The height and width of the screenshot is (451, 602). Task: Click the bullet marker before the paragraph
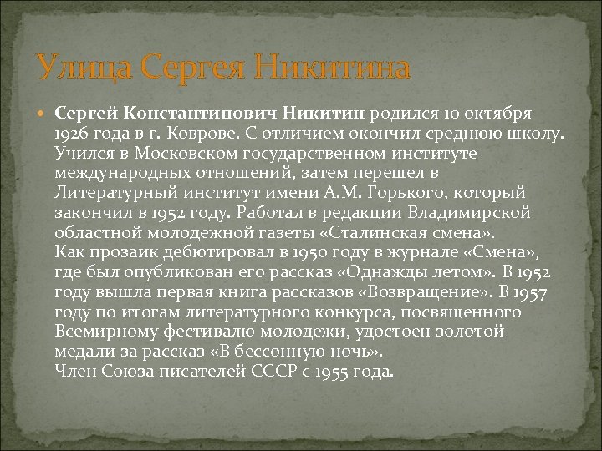click(x=43, y=112)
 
